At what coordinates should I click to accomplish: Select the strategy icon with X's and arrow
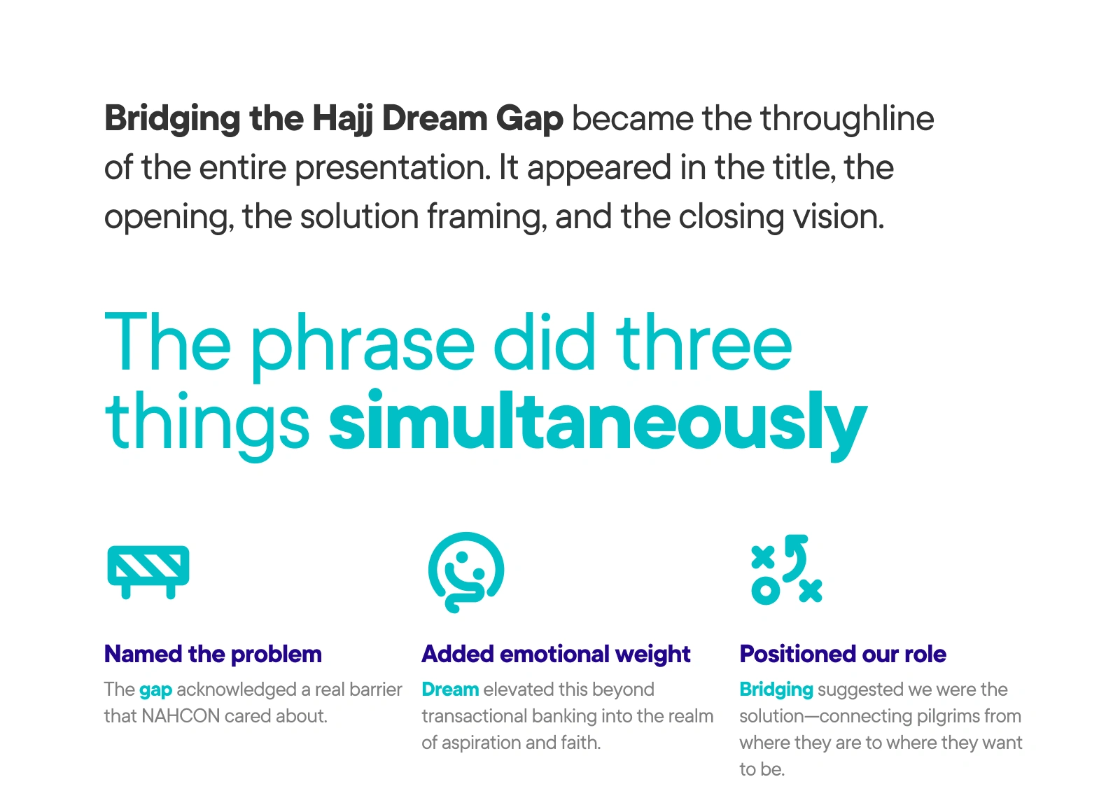click(787, 570)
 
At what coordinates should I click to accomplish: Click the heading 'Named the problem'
click(213, 654)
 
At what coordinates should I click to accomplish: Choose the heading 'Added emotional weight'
click(556, 654)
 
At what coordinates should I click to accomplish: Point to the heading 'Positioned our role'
click(843, 654)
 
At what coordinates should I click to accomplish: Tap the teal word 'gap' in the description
click(155, 691)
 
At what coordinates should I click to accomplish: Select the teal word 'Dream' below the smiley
click(450, 689)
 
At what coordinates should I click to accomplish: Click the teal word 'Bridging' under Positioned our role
click(776, 690)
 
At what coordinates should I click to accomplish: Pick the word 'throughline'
click(848, 119)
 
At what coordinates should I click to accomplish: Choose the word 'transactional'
click(475, 716)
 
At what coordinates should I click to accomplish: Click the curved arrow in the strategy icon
click(795, 558)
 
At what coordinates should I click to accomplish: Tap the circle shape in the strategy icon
click(766, 591)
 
